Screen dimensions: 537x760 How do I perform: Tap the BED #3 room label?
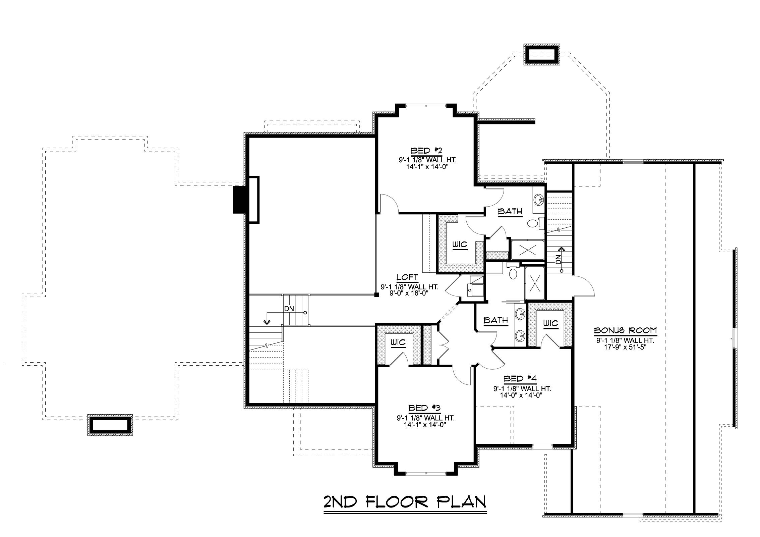point(424,408)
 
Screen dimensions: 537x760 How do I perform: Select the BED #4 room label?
point(521,379)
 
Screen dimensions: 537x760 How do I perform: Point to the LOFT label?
point(407,277)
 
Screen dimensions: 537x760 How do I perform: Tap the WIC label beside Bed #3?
point(398,342)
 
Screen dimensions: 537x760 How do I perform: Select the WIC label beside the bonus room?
point(550,323)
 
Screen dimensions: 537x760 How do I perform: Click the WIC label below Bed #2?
point(460,245)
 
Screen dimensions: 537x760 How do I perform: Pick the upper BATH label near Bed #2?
point(510,212)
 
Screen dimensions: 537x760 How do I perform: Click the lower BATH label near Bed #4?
point(495,320)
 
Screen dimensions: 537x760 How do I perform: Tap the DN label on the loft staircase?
point(289,309)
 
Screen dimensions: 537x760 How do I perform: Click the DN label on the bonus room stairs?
point(558,259)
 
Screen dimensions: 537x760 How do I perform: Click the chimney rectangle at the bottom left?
point(110,425)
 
